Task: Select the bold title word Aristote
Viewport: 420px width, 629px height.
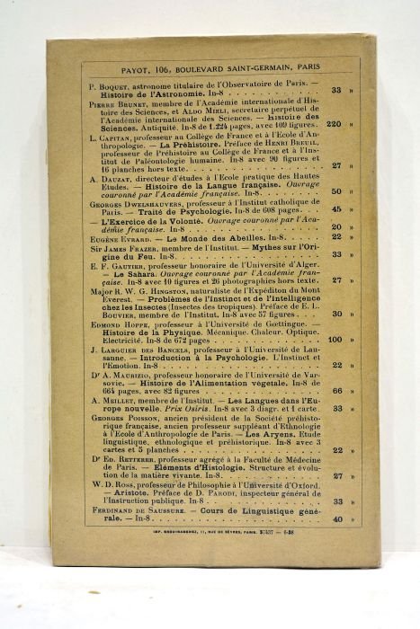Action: tap(130, 493)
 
